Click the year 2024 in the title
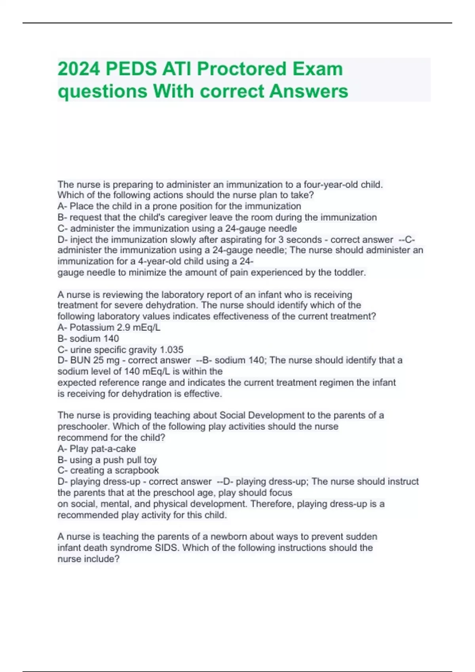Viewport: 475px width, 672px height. coord(78,69)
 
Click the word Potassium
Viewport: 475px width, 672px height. coord(92,327)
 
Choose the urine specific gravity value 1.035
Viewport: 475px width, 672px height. coord(171,350)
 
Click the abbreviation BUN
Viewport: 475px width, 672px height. coord(80,360)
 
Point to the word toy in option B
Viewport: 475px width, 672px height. coord(150,460)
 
